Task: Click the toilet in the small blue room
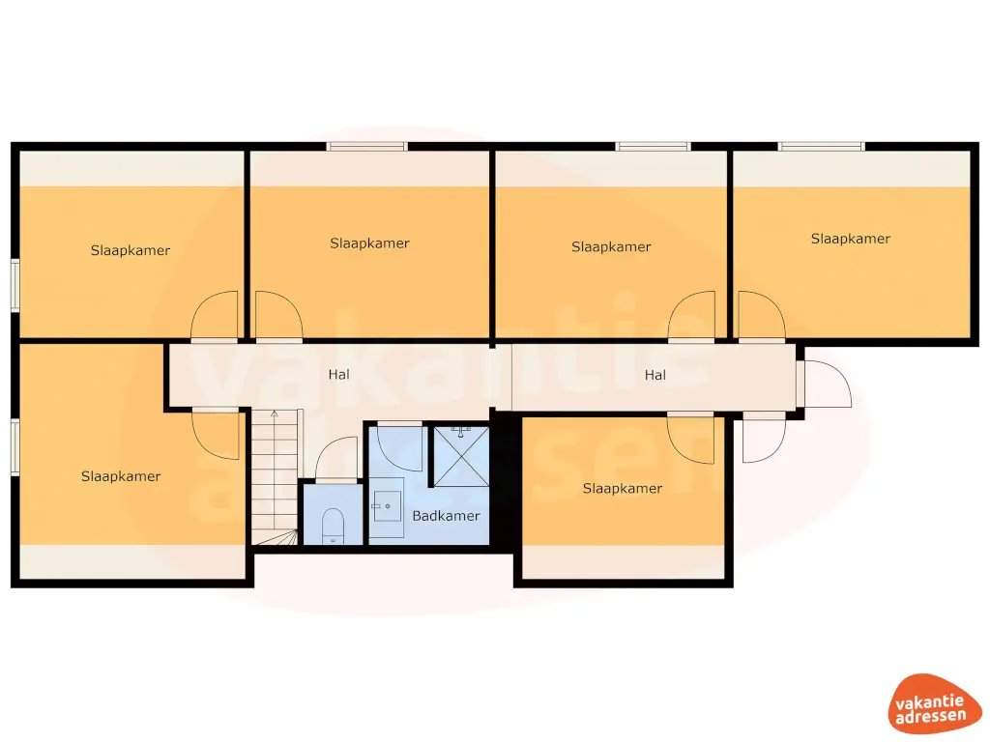tap(333, 525)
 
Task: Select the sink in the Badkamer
tap(390, 503)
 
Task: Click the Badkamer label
tap(446, 516)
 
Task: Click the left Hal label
tap(338, 374)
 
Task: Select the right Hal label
tap(655, 375)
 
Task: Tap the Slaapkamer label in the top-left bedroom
tap(131, 250)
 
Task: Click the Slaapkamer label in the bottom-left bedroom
tap(121, 476)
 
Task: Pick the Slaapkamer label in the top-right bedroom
tap(851, 239)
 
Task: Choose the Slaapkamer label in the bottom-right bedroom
tap(623, 489)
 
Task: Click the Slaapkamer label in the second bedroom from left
tap(369, 243)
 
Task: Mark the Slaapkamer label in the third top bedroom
tap(611, 246)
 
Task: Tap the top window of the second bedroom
tap(366, 147)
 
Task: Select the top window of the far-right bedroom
tap(822, 147)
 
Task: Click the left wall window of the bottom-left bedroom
tap(15, 446)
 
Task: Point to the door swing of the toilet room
tap(336, 459)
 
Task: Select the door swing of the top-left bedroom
tap(216, 316)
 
